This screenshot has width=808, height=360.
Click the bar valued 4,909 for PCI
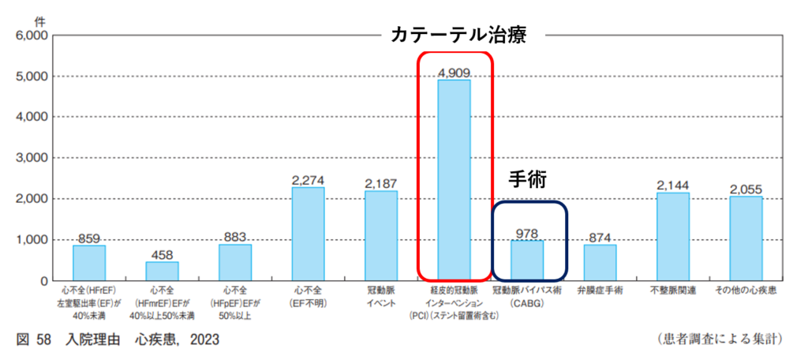454,180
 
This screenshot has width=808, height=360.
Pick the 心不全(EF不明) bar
308,234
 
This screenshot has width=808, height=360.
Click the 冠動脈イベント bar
381,235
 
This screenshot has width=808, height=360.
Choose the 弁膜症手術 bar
600,262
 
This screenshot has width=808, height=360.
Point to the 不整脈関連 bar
673,236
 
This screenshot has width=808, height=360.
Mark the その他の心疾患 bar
746,238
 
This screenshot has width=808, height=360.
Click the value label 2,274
308,180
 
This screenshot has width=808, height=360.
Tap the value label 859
89,238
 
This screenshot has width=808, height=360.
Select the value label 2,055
746,189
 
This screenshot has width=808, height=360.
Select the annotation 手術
526,179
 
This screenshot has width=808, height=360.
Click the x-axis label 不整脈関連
673,291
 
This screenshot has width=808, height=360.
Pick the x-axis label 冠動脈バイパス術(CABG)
527,296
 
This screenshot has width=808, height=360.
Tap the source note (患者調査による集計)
719,340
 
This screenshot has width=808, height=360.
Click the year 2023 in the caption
203,340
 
